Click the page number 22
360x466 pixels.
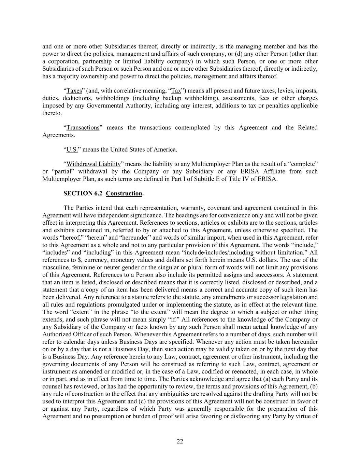tap(180, 441)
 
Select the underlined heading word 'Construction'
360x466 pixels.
tap(124, 194)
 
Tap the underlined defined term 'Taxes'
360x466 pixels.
tap(74, 91)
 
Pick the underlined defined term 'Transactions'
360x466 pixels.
tap(83, 128)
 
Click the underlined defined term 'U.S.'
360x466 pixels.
tap(72, 150)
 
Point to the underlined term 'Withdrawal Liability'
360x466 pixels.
tap(93, 164)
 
